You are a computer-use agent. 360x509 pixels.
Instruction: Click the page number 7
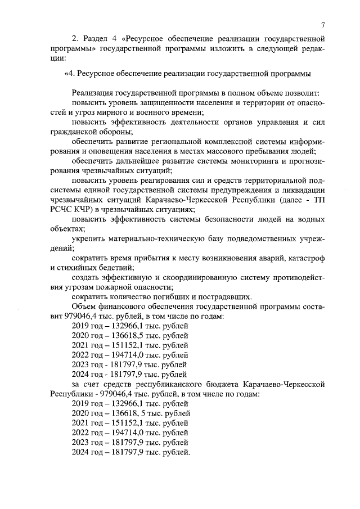pyautogui.click(x=324, y=25)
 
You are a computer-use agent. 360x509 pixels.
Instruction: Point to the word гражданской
pyautogui.click(x=73, y=132)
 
